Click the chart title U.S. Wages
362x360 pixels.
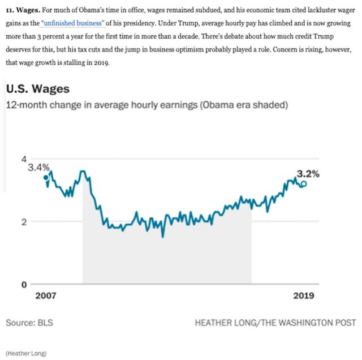(x=37, y=89)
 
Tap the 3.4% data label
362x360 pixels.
(x=38, y=168)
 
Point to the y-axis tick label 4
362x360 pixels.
(x=24, y=158)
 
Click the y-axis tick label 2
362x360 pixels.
(x=24, y=222)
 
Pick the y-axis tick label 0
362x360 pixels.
(x=24, y=284)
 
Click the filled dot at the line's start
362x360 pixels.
(x=46, y=178)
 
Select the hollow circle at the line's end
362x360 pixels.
(x=304, y=184)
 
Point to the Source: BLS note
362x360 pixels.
(x=30, y=323)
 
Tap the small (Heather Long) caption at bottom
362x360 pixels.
(x=27, y=353)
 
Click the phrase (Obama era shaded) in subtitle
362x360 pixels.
(x=240, y=105)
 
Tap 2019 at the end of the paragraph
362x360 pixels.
(x=102, y=63)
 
